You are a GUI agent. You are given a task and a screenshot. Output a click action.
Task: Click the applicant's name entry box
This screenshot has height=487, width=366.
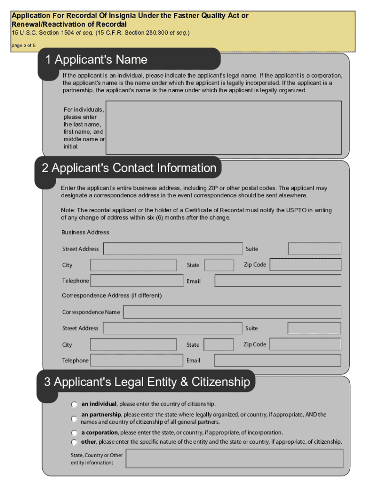pos(223,127)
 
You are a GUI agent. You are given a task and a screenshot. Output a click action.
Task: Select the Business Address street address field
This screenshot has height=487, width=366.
pos(173,249)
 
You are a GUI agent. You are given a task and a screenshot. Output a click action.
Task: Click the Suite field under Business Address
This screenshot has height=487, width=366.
pos(314,249)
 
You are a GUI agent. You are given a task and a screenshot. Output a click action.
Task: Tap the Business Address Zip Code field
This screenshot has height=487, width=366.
pos(306,265)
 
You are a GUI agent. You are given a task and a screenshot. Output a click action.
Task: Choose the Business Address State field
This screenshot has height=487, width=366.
pos(219,265)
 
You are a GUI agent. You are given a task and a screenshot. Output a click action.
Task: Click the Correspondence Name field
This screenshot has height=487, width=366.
pos(232,312)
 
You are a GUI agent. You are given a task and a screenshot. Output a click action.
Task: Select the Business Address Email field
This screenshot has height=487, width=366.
pos(278,281)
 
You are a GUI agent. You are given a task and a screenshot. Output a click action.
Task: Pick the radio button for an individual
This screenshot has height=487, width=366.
pos(74,405)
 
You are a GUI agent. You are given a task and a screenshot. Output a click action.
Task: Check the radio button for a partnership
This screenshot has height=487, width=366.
pos(74,419)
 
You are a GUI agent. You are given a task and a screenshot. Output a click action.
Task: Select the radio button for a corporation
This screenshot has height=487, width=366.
pos(74,433)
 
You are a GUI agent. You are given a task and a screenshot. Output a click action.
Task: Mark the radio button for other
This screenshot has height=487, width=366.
pos(74,442)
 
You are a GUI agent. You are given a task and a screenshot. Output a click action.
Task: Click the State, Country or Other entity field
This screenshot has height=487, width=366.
pos(234,459)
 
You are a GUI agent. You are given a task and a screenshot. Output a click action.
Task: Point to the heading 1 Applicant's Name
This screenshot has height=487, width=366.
pos(96,60)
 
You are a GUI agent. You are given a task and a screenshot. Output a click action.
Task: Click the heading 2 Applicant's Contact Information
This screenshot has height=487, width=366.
pos(129,168)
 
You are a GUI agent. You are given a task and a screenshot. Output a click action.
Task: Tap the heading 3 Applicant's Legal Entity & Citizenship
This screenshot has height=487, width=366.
pos(147,382)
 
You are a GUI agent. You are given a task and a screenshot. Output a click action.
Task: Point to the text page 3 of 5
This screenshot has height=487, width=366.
pos(23,46)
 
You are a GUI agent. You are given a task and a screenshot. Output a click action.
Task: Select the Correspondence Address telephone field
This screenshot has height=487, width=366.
pos(136,360)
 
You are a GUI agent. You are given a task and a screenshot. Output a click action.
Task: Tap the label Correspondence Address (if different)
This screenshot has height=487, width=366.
pos(112,296)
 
